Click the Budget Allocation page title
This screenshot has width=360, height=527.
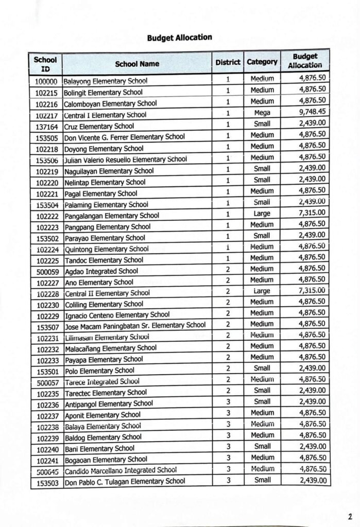(179, 38)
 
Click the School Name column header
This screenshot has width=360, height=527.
(137, 64)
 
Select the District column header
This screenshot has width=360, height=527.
(228, 62)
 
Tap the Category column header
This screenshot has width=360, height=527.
(262, 62)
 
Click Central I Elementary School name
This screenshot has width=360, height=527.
(105, 115)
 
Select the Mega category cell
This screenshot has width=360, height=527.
(262, 112)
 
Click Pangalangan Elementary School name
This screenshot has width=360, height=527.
(111, 216)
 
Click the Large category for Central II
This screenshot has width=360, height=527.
(262, 291)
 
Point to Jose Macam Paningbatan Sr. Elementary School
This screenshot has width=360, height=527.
(134, 325)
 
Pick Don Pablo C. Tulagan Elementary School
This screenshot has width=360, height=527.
(124, 482)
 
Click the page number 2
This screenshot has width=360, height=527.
(349, 516)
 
